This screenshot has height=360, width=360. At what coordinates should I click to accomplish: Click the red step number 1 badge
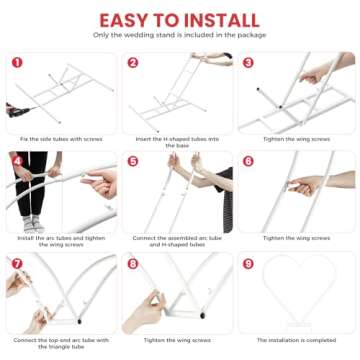(x=16, y=61)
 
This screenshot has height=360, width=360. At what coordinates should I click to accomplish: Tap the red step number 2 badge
(x=133, y=61)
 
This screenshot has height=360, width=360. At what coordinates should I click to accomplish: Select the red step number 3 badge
(x=248, y=61)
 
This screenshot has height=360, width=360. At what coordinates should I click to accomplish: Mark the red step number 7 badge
(x=16, y=264)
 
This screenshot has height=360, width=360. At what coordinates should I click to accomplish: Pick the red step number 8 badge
(x=133, y=264)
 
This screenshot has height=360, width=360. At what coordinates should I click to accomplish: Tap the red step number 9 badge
(x=248, y=264)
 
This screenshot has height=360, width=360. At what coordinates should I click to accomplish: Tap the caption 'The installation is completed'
(x=296, y=340)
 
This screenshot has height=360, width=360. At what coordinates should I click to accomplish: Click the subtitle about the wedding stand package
(x=180, y=35)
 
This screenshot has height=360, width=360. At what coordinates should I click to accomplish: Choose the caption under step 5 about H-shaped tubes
(x=178, y=242)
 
